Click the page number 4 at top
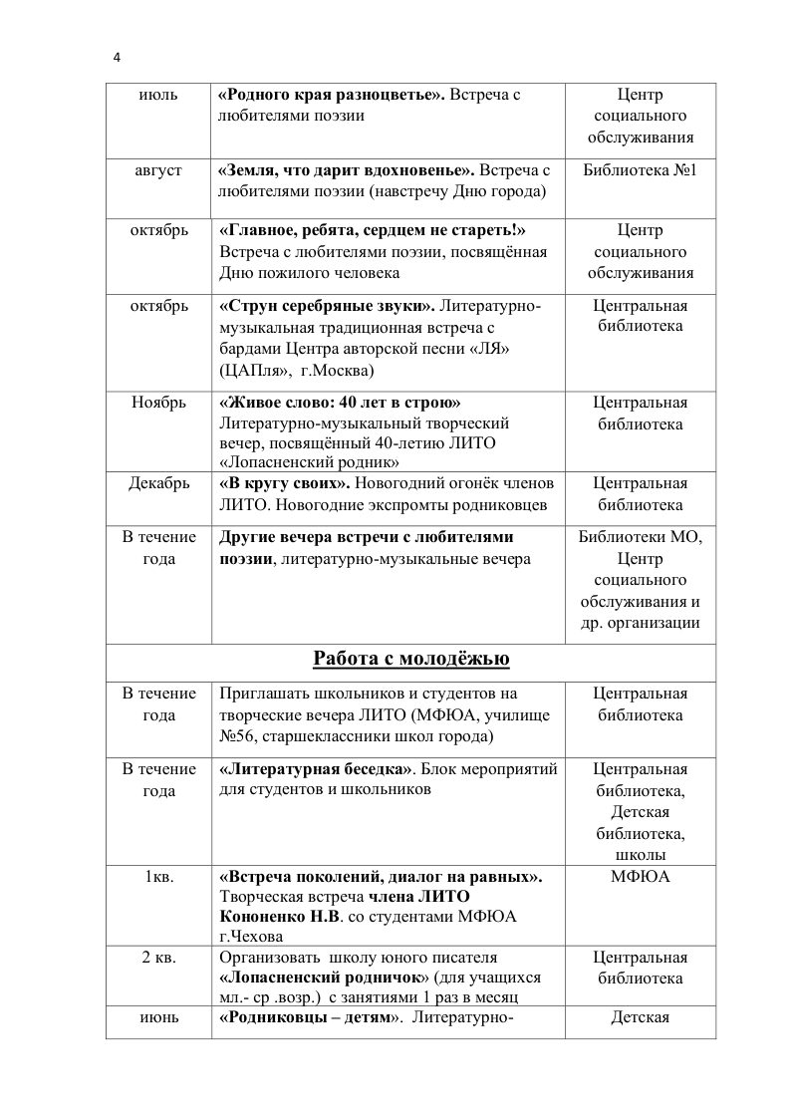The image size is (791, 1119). (117, 58)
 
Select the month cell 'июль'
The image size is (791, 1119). (158, 95)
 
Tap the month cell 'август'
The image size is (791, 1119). (158, 170)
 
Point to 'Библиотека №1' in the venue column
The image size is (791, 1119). (640, 170)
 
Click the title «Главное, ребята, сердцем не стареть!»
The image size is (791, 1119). (372, 231)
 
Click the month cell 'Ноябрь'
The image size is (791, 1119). (158, 403)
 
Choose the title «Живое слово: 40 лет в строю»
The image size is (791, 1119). (340, 403)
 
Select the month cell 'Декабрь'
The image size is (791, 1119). (158, 483)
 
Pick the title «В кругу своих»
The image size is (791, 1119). (284, 483)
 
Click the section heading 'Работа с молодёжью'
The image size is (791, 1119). (410, 658)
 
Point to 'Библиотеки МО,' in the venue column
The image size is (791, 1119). (640, 537)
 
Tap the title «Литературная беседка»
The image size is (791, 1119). (316, 768)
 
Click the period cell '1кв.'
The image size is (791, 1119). (158, 877)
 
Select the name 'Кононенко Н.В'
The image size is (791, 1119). (279, 916)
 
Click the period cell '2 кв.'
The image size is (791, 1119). (158, 958)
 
